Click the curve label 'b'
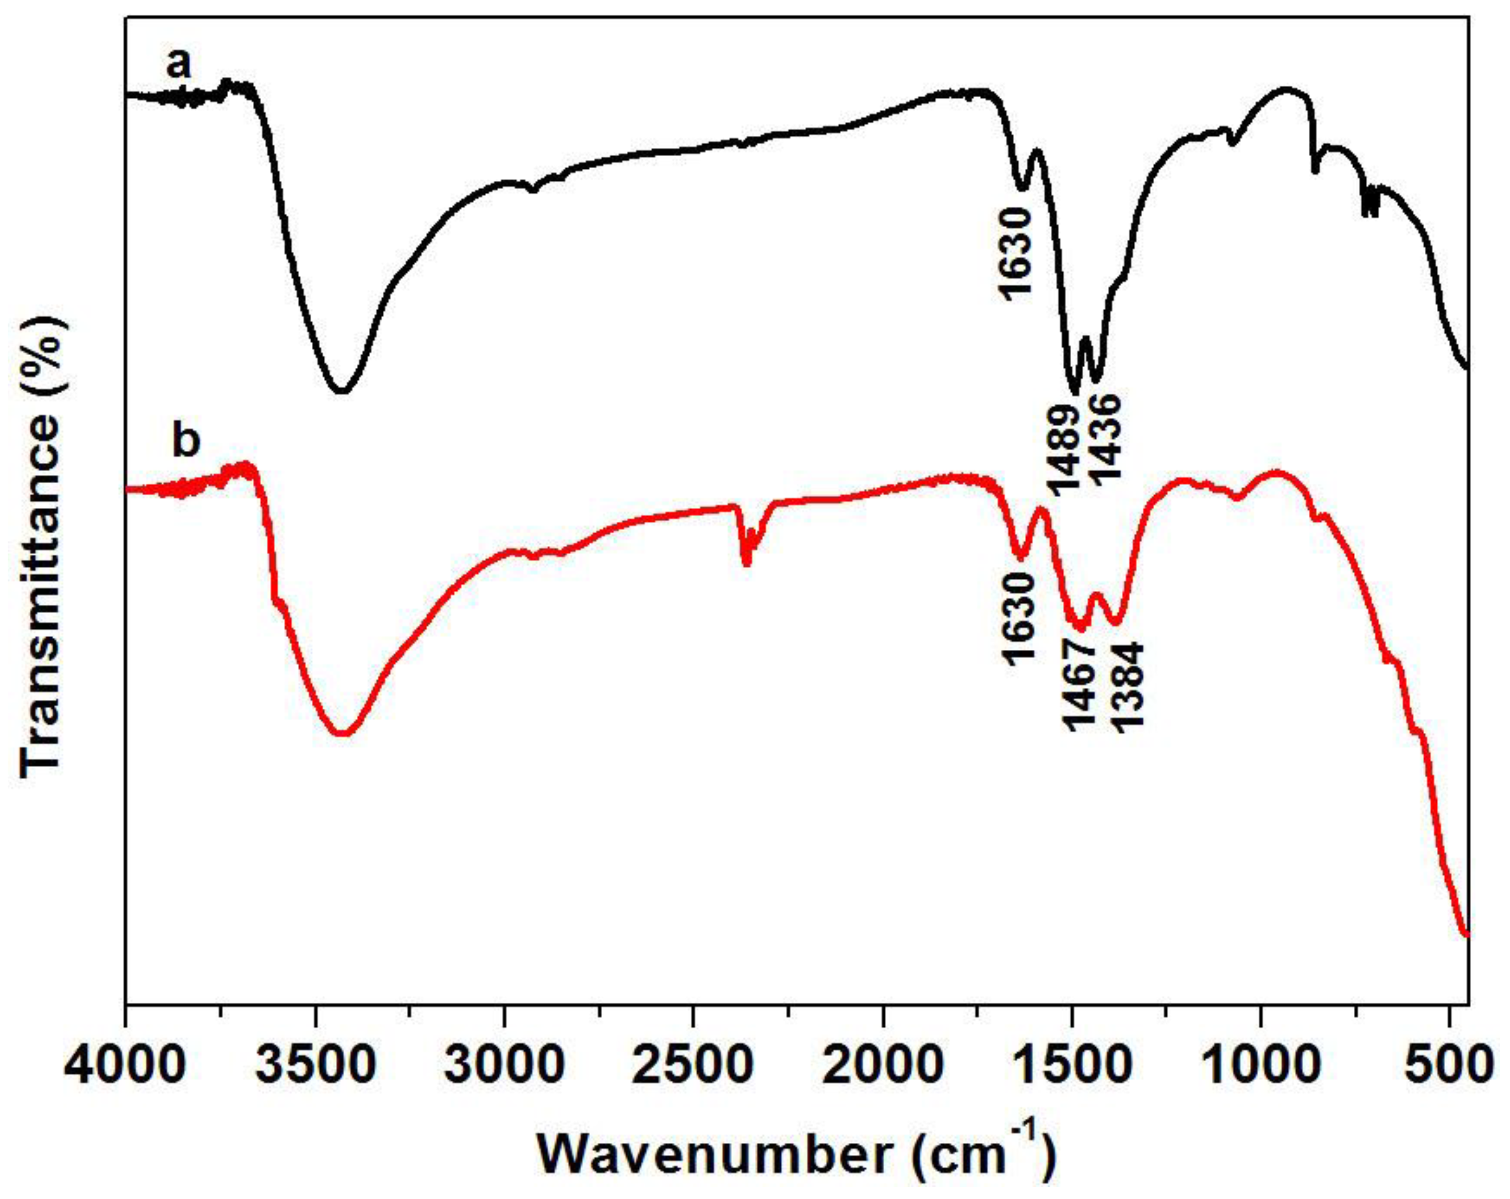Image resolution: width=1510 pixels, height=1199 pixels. coord(186,441)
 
